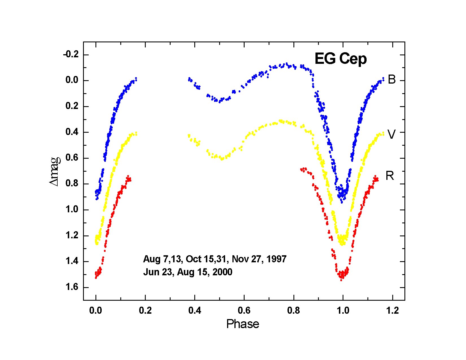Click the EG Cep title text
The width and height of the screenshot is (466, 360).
pyautogui.click(x=341, y=59)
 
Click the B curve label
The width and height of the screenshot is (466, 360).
pyautogui.click(x=392, y=80)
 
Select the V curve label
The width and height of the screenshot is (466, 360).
pyautogui.click(x=391, y=135)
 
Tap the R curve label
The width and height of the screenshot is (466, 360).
pyautogui.click(x=390, y=176)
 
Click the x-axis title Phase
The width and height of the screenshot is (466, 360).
pyautogui.click(x=243, y=324)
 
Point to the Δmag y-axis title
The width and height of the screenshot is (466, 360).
pyautogui.click(x=55, y=171)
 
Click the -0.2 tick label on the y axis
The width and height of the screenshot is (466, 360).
pyautogui.click(x=71, y=55)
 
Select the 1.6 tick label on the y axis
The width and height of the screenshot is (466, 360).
pyautogui.click(x=72, y=287)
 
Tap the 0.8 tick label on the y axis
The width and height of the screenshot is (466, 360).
pyautogui.click(x=72, y=184)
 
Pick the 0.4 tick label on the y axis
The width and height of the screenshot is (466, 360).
pyautogui.click(x=72, y=132)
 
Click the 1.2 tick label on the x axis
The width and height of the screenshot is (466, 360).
pyautogui.click(x=392, y=311)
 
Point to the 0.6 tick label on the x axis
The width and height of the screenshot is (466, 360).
pyautogui.click(x=244, y=311)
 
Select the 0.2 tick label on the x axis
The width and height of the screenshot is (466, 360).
pyautogui.click(x=145, y=311)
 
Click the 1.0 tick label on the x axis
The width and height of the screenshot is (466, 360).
pyautogui.click(x=343, y=311)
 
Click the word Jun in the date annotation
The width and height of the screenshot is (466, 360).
pyautogui.click(x=151, y=272)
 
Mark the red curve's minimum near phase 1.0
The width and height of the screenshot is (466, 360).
pyautogui.click(x=341, y=278)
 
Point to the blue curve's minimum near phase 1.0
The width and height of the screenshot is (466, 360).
pyautogui.click(x=341, y=200)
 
